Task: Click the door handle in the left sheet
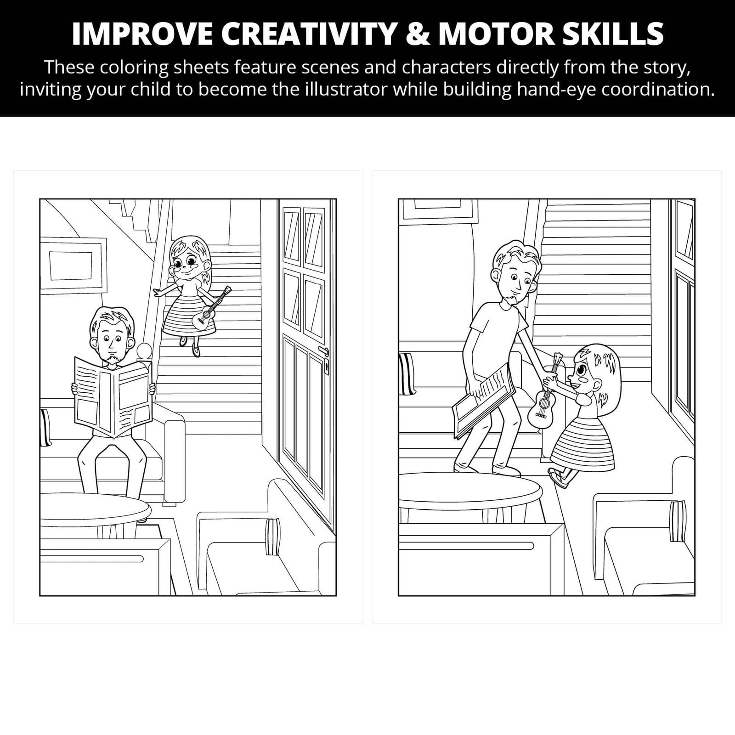tap(325, 352)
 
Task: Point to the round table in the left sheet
tap(95, 510)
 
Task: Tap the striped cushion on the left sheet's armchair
tap(272, 537)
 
